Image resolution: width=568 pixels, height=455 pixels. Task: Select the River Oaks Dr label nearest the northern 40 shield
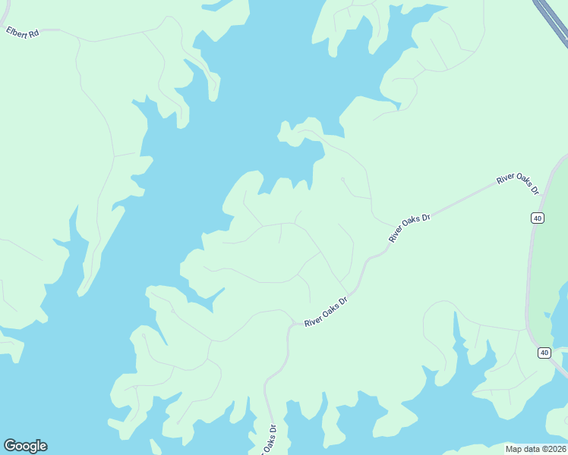[517, 183]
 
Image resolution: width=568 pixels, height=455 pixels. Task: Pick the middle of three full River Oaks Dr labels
[409, 227]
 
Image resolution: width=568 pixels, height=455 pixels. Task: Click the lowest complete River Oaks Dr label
[326, 312]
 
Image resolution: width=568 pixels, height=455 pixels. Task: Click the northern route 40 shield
[538, 218]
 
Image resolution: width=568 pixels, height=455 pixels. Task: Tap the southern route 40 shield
[544, 353]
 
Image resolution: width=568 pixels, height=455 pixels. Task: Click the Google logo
[25, 446]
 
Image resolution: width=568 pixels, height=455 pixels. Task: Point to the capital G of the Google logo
[9, 446]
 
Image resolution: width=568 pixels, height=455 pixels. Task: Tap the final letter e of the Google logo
[43, 447]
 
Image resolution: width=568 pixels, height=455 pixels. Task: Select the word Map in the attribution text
[514, 449]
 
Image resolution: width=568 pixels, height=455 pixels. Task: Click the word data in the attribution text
[532, 449]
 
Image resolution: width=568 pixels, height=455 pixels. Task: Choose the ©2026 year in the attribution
[554, 449]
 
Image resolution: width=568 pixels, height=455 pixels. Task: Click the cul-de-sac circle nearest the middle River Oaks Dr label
[342, 180]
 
